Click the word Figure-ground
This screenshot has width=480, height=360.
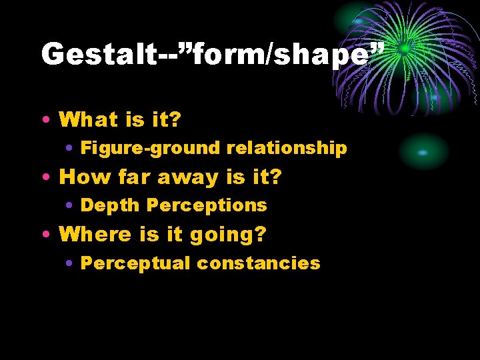(151, 148)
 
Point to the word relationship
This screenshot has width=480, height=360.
(287, 148)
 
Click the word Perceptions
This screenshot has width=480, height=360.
(207, 205)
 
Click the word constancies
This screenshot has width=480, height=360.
(258, 263)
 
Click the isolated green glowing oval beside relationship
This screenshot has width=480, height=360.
(423, 152)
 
